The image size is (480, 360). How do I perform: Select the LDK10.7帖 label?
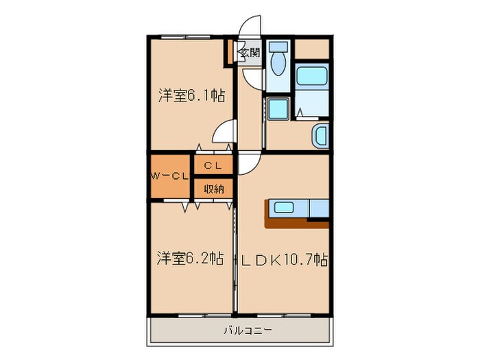(x=283, y=260)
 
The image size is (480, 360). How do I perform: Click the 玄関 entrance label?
(x=248, y=52)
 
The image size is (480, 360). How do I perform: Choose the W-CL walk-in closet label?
(x=169, y=176)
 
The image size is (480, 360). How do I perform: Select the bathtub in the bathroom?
(x=313, y=77)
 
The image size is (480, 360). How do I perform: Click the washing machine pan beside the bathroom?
(x=277, y=110)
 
